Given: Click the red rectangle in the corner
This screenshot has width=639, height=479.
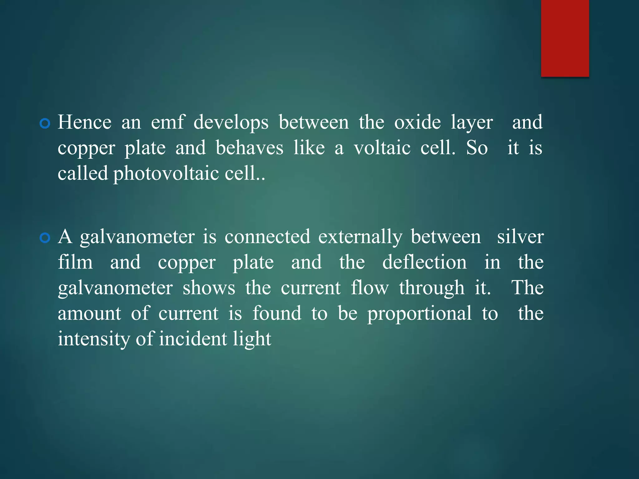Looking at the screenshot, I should (x=565, y=38).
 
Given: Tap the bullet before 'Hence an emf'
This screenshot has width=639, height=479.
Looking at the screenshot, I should (x=45, y=123).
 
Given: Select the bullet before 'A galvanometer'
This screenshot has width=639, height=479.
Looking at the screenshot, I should (x=45, y=238).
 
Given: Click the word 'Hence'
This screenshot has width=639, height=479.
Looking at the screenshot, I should (x=85, y=122).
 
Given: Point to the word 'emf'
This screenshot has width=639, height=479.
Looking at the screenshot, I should (x=168, y=122).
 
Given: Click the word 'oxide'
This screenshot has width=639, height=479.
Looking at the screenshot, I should (x=417, y=122).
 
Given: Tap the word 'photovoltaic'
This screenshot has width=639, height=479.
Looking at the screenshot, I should (x=166, y=174).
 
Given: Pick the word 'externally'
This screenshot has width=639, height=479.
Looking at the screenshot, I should (x=360, y=237).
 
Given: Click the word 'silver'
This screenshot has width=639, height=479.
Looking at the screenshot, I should (x=520, y=237).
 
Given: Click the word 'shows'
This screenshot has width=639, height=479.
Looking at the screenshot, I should (x=209, y=288).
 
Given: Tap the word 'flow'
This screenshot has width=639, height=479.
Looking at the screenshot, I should (x=370, y=288).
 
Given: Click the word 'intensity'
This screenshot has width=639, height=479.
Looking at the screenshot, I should (x=94, y=339).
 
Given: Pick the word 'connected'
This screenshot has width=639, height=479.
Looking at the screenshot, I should (x=267, y=237).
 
